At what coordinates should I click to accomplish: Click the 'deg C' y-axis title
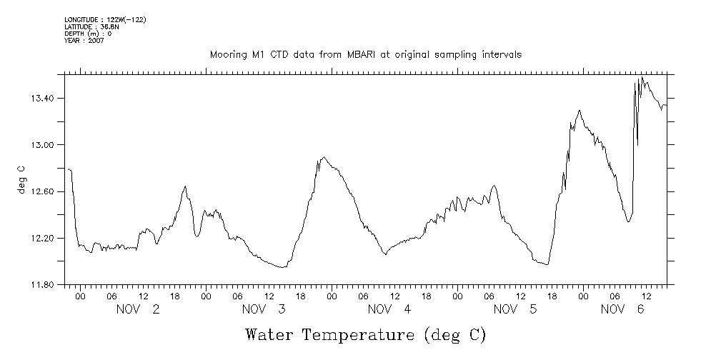pyautogui.click(x=21, y=180)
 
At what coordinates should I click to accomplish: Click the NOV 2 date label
pyautogui.click(x=138, y=309)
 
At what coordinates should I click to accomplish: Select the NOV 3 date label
pyautogui.click(x=264, y=309)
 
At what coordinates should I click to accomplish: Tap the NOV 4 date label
pyautogui.click(x=389, y=309)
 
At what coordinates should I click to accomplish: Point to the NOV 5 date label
pyautogui.click(x=516, y=309)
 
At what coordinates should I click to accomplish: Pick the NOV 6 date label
pyautogui.click(x=622, y=309)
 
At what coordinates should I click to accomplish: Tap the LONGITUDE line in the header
pyautogui.click(x=105, y=19)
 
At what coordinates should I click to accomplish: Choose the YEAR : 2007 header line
pyautogui.click(x=84, y=41)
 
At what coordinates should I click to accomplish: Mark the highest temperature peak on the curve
pyautogui.click(x=642, y=77)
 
